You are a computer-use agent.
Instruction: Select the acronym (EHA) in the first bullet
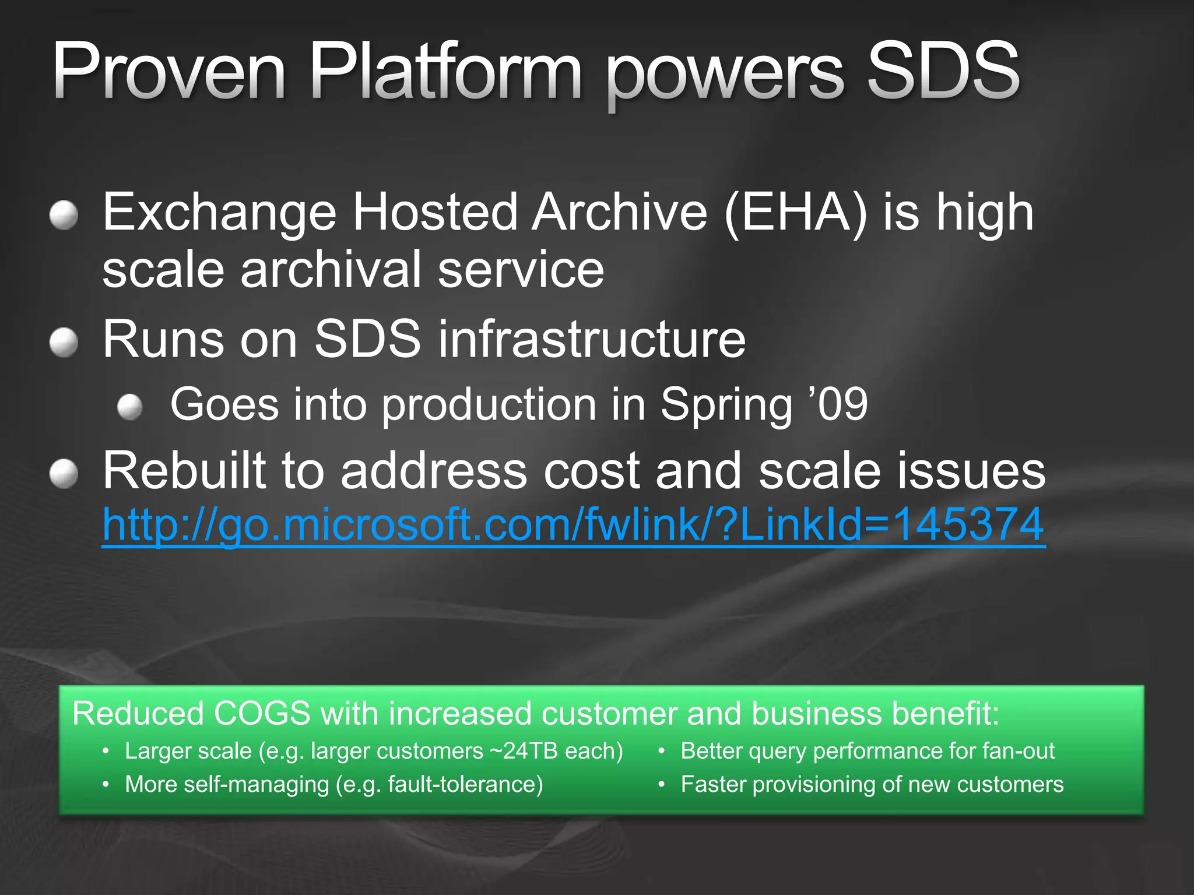click(x=795, y=213)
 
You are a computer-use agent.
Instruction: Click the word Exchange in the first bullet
click(x=220, y=213)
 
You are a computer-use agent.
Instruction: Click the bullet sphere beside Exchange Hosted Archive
click(x=64, y=216)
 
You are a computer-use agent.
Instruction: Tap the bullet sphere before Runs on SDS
click(x=64, y=342)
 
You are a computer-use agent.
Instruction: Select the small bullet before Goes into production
click(x=129, y=407)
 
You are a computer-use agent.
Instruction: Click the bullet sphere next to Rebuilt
click(x=64, y=473)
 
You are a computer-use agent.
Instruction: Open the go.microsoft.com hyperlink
click(x=573, y=525)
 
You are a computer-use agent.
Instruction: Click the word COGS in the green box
click(x=262, y=714)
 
